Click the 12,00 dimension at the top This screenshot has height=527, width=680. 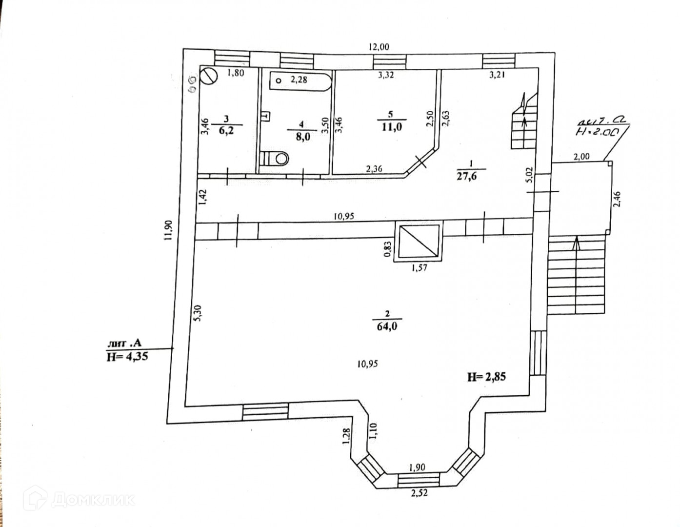point(379,47)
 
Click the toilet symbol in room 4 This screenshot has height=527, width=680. point(276,158)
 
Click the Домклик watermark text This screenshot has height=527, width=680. point(93,500)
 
